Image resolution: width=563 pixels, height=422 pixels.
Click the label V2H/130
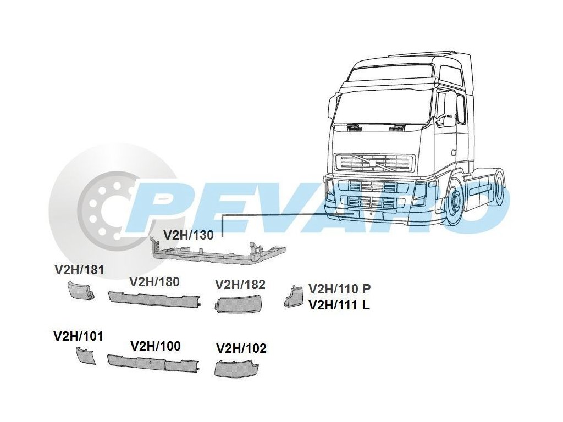tap(188, 235)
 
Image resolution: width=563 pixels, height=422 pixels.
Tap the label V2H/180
tap(154, 282)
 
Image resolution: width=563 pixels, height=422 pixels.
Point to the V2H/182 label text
tap(240, 285)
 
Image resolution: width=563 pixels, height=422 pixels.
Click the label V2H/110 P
tap(340, 289)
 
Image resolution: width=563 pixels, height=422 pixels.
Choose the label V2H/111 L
tap(339, 305)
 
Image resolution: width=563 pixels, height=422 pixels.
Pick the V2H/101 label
tap(78, 336)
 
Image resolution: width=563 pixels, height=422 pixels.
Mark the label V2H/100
tap(156, 346)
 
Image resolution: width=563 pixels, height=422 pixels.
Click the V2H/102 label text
tap(241, 348)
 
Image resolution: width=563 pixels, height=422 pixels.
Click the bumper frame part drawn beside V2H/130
tap(220, 252)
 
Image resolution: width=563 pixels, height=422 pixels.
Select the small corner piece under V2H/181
tap(80, 290)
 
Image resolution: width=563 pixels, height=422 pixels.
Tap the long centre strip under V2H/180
tap(154, 298)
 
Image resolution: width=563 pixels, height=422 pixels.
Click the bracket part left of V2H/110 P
tap(292, 296)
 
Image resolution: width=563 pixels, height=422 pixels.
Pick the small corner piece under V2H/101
tap(85, 356)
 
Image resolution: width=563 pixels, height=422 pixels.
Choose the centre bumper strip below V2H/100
tap(153, 363)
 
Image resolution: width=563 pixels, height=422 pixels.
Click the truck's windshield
tap(382, 106)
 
